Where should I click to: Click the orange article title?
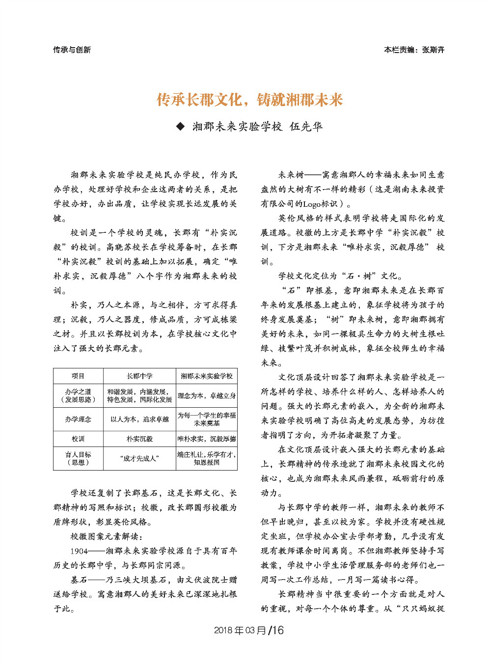tap(249, 100)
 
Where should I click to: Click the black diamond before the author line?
tap(180, 127)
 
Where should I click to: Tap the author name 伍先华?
tap(306, 127)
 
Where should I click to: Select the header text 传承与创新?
tap(72, 50)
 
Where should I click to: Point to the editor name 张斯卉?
tap(433, 50)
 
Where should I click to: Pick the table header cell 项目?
tap(78, 376)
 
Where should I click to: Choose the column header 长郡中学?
tap(139, 376)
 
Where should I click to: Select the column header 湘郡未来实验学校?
tap(207, 376)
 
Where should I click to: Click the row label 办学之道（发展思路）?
tap(78, 395)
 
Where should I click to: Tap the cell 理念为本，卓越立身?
tap(207, 395)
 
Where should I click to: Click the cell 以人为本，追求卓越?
tap(139, 419)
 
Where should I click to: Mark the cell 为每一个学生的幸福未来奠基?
tap(207, 419)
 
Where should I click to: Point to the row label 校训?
tap(78, 439)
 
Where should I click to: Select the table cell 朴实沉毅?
tap(139, 439)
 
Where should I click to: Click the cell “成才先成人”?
tap(139, 458)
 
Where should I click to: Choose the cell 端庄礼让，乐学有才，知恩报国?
tap(207, 458)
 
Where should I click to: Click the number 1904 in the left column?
tap(79, 551)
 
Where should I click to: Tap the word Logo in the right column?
tap(313, 204)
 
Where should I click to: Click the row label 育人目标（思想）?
tap(78, 458)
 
